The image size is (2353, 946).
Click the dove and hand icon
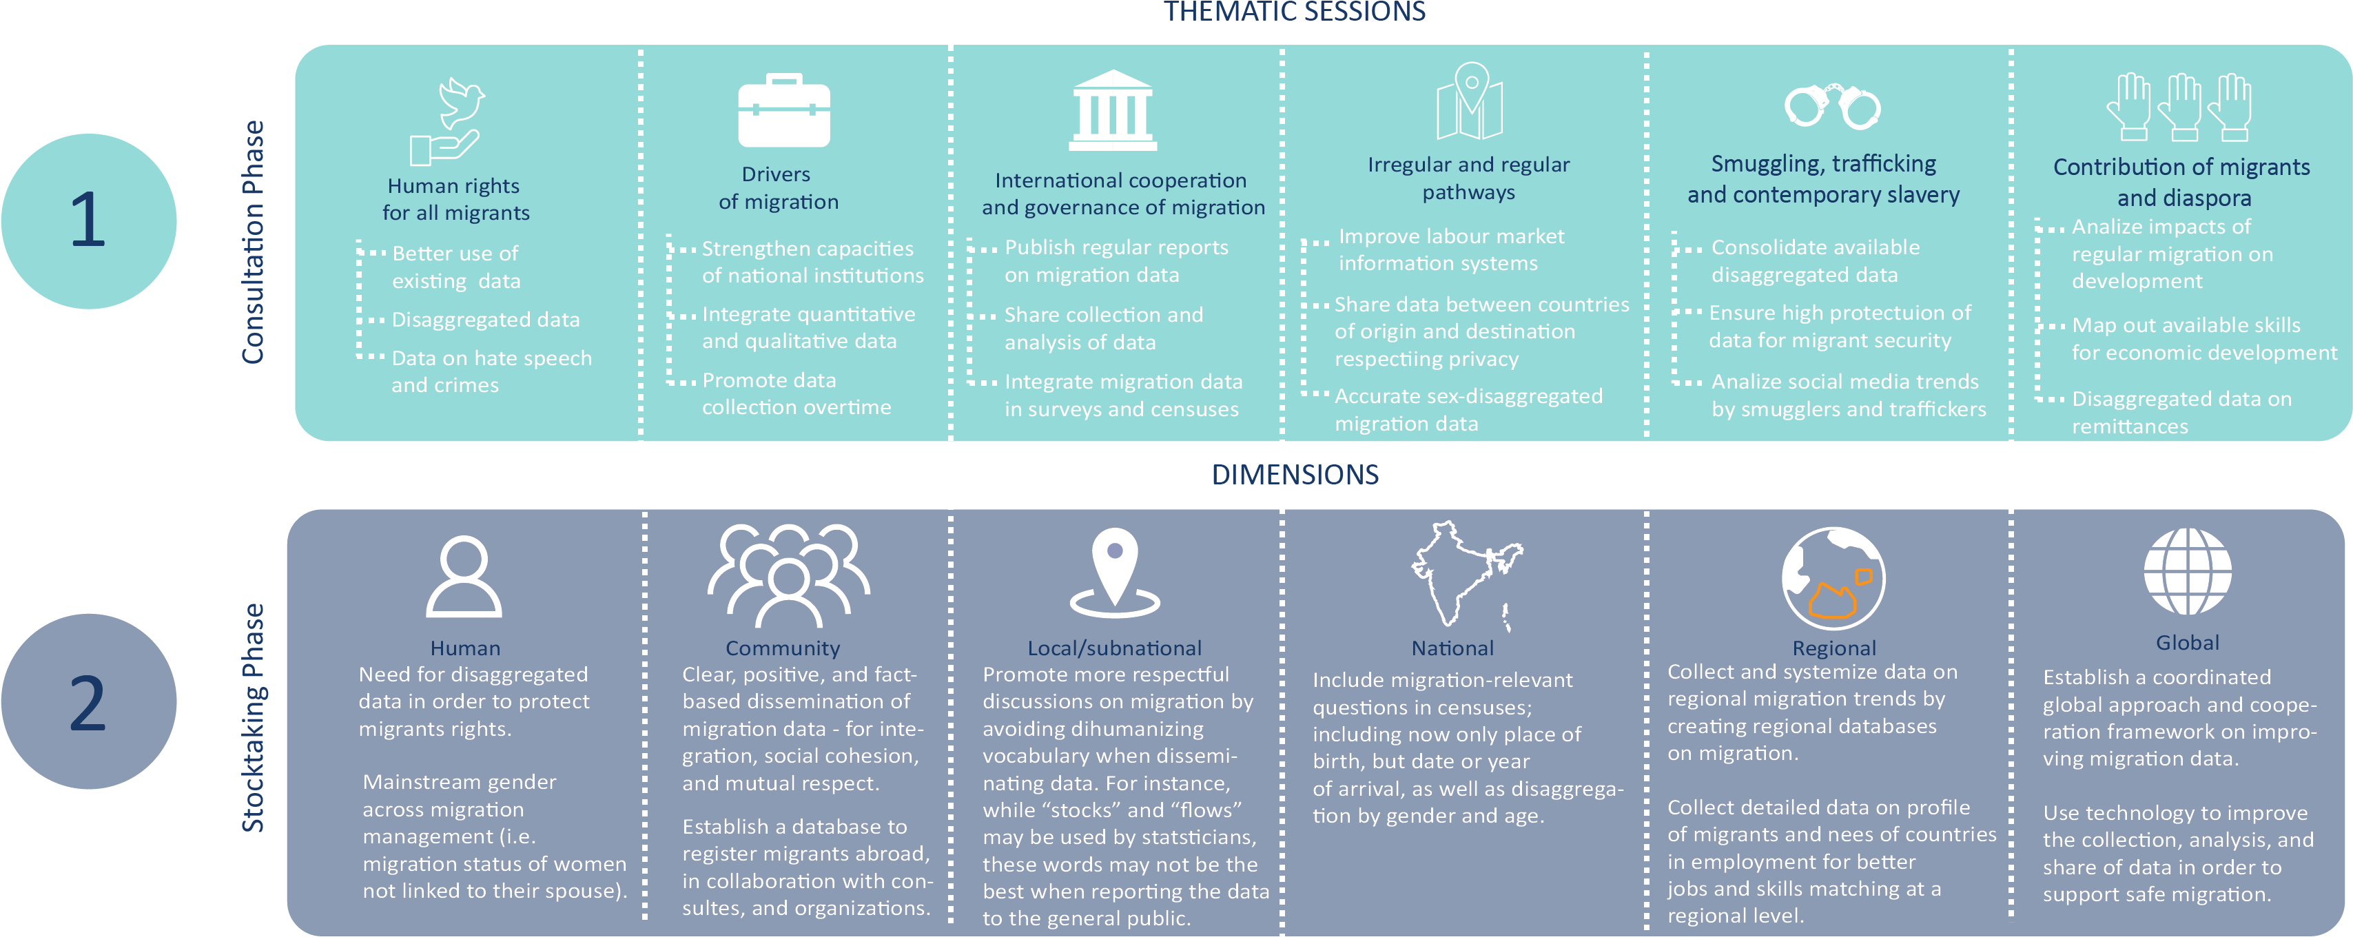[x=446, y=121]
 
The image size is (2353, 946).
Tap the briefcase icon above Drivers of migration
[x=783, y=110]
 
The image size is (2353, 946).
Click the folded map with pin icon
[x=1470, y=101]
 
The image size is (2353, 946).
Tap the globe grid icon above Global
[x=2188, y=572]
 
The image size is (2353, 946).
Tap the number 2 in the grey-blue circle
[x=88, y=702]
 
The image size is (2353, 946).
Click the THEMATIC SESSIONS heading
[x=1295, y=12]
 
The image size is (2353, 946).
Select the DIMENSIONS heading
[x=1295, y=475]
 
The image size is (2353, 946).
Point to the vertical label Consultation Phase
[x=252, y=242]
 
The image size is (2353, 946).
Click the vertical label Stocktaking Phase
[x=252, y=718]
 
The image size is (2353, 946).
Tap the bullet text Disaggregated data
[x=486, y=320]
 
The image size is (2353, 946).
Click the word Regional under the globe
[x=1834, y=648]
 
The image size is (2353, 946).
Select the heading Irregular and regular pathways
[x=1469, y=178]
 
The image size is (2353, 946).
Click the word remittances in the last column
[x=2130, y=426]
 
